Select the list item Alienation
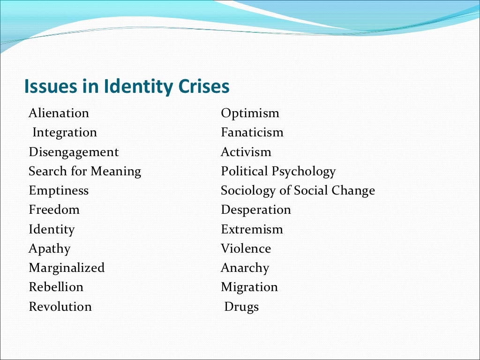coord(59,113)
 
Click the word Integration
coord(65,133)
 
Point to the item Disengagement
coord(74,152)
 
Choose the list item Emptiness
coord(59,191)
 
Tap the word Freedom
coord(54,210)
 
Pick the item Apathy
coord(50,249)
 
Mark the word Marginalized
coord(67,268)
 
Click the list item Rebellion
coord(56,287)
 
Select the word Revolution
coord(60,307)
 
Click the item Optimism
coord(250,113)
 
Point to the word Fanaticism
coord(252,133)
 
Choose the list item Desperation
coord(256,210)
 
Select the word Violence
coord(246,249)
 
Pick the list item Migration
coord(249,287)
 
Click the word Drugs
coord(241,307)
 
